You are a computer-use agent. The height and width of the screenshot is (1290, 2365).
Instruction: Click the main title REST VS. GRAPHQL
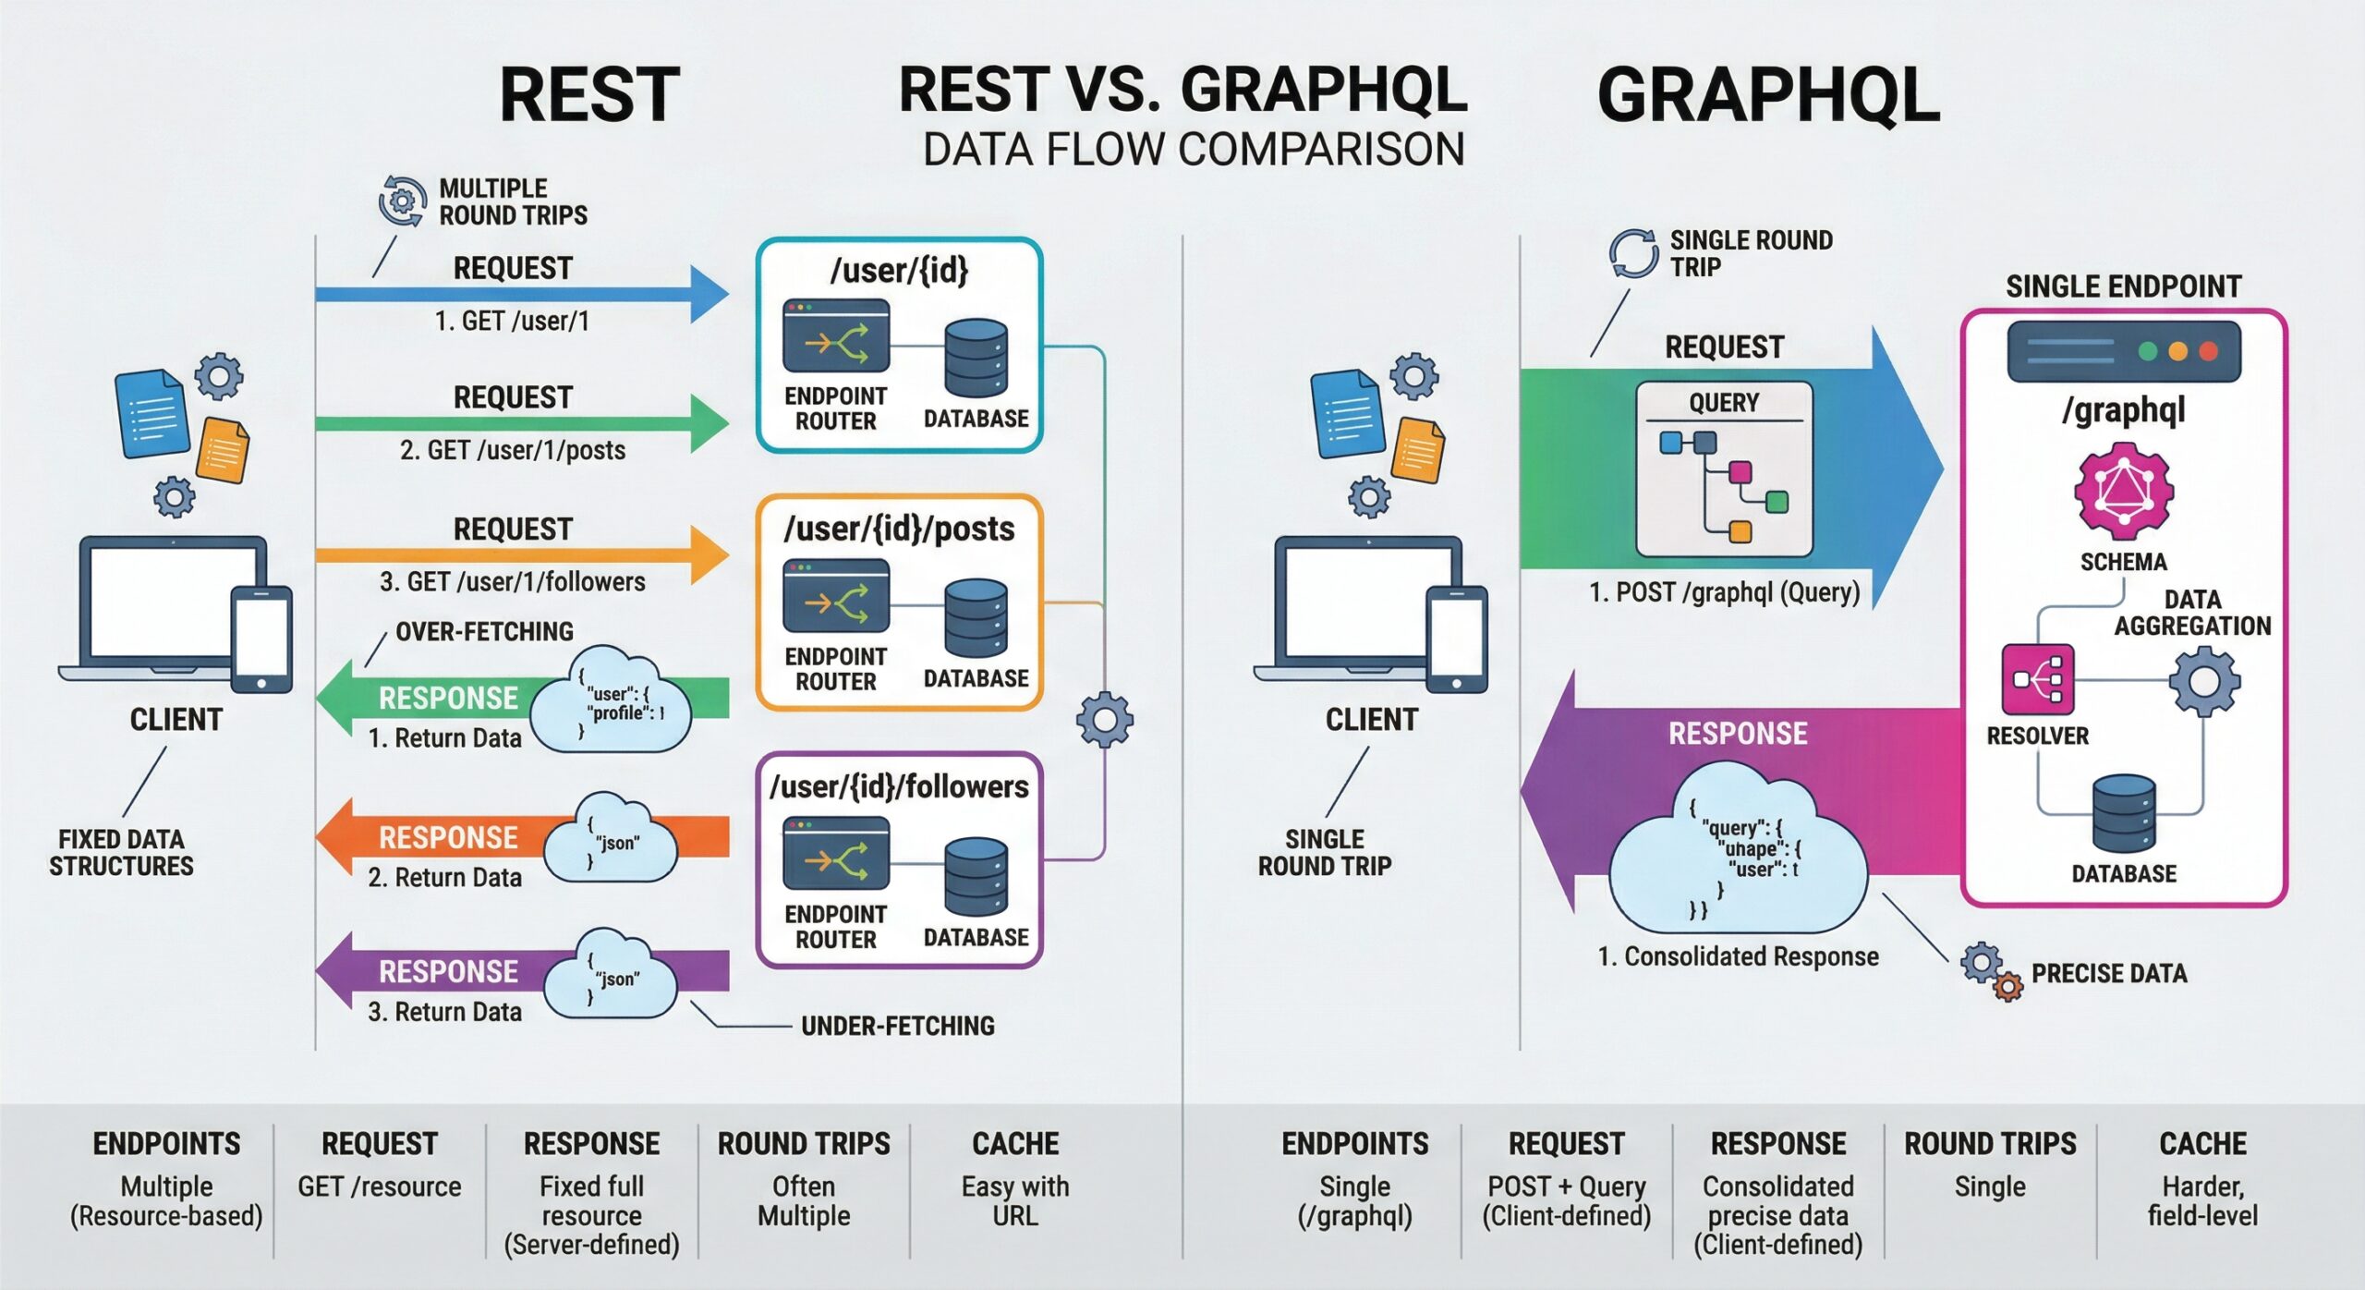[x=1182, y=90]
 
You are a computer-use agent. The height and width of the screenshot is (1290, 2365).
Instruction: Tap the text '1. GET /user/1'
[x=512, y=321]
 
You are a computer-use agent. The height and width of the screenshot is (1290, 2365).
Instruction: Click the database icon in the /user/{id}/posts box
[x=976, y=617]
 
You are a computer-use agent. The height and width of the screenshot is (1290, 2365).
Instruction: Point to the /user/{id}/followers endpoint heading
[x=899, y=786]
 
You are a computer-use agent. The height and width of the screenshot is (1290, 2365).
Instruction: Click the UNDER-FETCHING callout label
[x=897, y=1026]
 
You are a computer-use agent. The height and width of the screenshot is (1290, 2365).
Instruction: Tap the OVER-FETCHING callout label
[x=484, y=631]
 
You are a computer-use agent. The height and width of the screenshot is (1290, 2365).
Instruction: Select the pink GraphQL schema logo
[x=2123, y=491]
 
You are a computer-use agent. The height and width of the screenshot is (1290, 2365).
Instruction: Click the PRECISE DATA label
[x=2108, y=973]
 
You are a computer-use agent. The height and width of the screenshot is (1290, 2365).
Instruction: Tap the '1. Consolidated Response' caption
[x=1738, y=956]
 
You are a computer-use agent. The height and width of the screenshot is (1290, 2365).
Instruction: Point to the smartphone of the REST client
[x=261, y=639]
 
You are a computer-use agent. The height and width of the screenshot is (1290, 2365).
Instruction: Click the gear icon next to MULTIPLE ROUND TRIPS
[x=402, y=200]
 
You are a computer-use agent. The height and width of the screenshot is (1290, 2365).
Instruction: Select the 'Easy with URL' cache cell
[x=1015, y=1200]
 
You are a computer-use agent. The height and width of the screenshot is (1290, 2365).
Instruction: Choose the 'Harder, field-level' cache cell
[x=2202, y=1200]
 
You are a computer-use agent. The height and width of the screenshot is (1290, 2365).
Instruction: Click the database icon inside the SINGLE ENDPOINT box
[x=2123, y=813]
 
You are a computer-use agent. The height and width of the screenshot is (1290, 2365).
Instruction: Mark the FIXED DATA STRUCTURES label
[x=121, y=852]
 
